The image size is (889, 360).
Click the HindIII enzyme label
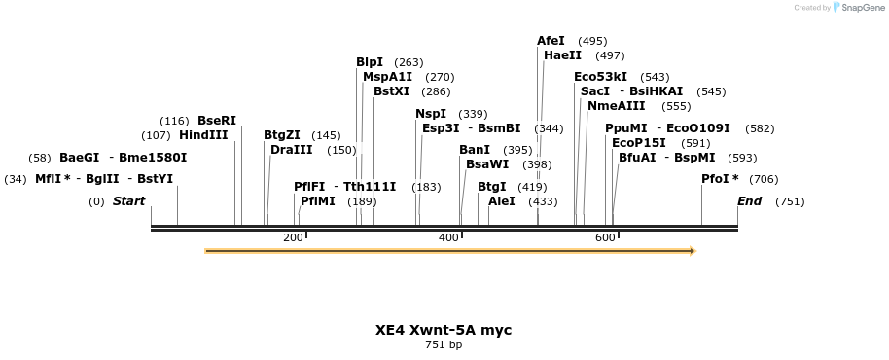203,135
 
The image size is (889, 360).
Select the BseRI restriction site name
217,121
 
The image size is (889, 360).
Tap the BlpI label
370,62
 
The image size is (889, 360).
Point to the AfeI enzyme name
551,41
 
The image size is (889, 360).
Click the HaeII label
562,55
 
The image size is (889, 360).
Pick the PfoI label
720,179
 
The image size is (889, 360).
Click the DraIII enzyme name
292,150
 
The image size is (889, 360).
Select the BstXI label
392,91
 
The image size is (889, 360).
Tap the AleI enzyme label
502,201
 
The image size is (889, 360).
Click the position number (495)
592,41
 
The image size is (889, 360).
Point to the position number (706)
764,179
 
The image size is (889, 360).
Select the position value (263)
409,62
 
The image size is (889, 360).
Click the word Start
128,201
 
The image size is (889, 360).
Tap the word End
749,201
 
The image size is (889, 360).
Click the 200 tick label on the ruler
293,237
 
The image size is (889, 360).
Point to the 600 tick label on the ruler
605,237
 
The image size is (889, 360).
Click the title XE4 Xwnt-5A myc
444,330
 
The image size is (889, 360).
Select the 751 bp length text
444,344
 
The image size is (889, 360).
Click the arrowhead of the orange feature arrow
693,251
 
